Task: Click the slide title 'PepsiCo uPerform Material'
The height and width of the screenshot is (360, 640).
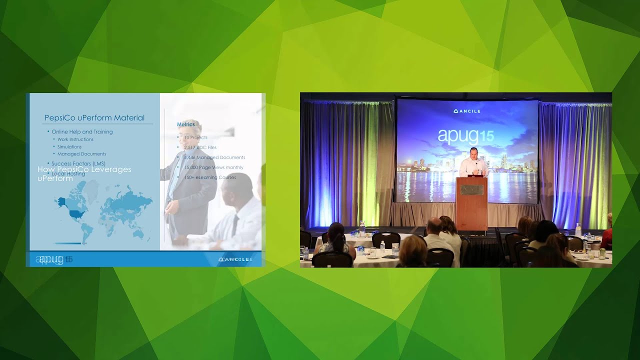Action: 94,118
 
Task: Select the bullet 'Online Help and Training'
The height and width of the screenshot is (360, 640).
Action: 82,132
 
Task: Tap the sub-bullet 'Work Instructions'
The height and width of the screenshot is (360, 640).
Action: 75,139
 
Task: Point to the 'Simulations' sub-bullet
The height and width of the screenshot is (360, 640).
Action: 69,147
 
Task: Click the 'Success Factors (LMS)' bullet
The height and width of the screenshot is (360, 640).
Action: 78,163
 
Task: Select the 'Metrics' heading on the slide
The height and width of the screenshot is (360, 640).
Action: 186,124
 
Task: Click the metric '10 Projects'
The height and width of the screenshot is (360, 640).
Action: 195,137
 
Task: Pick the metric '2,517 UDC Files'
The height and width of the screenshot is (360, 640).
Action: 200,147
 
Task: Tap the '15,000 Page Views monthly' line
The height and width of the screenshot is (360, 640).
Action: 213,167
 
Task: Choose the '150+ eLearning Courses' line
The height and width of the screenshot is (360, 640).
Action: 210,177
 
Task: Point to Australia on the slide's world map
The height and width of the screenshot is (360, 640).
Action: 138,233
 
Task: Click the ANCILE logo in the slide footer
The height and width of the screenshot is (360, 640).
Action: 235,259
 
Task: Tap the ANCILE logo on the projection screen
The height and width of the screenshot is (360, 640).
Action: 466,111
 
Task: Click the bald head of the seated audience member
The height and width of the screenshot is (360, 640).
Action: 433,224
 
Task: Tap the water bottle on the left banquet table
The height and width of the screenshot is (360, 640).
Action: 362,228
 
